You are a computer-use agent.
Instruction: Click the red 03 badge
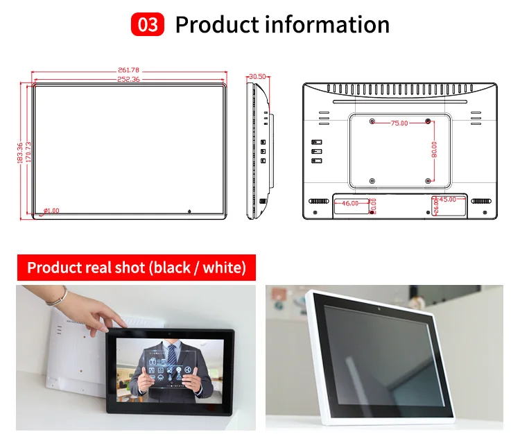[x=148, y=25]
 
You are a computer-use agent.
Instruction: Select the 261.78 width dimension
[x=129, y=70]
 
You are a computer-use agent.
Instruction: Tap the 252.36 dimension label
[x=129, y=79]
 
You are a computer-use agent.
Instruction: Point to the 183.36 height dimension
[x=20, y=152]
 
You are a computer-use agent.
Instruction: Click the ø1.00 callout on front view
[x=52, y=210]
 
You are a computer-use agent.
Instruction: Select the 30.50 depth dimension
[x=257, y=76]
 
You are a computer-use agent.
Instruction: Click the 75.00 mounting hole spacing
[x=399, y=123]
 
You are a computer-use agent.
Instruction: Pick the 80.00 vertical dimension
[x=434, y=151]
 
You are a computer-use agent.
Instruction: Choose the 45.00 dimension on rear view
[x=448, y=200]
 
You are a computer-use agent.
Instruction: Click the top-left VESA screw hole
[x=372, y=122]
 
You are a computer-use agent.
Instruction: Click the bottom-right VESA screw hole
[x=427, y=181]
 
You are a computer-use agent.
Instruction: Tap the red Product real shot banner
[x=136, y=268]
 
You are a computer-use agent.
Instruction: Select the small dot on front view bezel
[x=189, y=210]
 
